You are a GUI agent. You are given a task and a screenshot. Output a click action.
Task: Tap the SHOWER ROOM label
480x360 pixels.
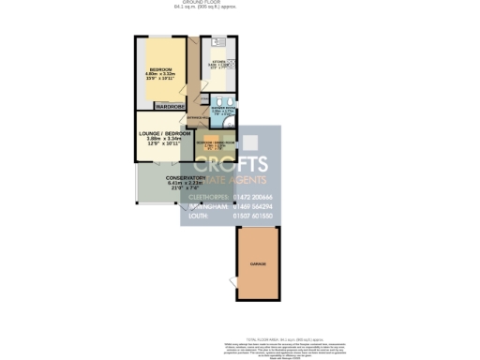pyautogui.click(x=223, y=107)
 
